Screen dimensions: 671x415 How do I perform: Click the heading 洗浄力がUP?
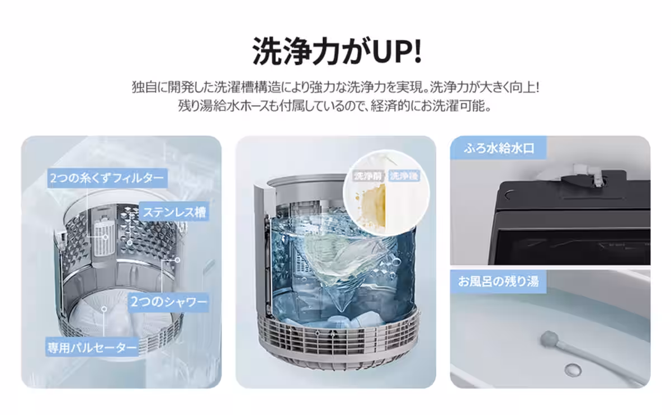click(x=337, y=50)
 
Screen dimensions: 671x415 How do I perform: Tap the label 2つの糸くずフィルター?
click(x=107, y=178)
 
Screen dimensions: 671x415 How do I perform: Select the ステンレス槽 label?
click(x=174, y=211)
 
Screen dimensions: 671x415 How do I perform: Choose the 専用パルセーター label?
click(x=92, y=347)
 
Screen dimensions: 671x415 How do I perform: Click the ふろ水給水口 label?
click(x=498, y=148)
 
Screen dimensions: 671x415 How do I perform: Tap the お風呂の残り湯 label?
click(x=498, y=282)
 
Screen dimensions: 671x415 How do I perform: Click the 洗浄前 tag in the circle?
click(x=368, y=176)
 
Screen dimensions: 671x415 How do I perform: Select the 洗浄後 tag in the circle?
click(x=404, y=176)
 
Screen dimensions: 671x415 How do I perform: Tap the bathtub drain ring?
click(x=573, y=370)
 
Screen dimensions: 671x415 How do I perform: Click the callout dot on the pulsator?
click(x=104, y=309)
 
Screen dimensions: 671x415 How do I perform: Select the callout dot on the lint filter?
click(x=106, y=237)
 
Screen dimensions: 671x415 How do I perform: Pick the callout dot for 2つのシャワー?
click(x=177, y=260)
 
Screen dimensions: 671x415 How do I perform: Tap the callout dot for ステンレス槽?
click(x=130, y=242)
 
